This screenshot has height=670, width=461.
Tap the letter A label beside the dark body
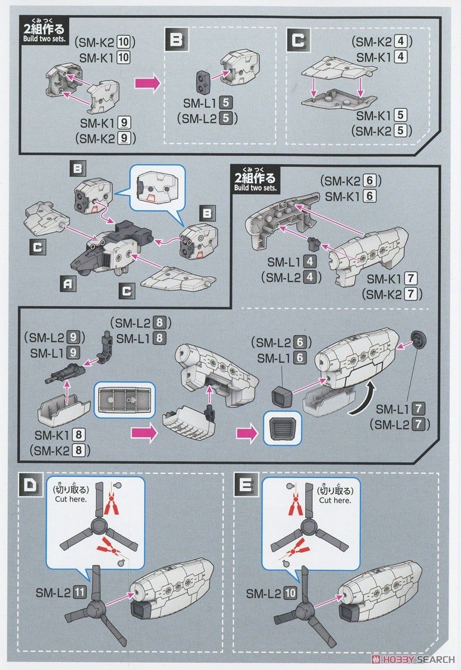(68, 284)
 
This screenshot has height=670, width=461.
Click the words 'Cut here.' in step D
(71, 500)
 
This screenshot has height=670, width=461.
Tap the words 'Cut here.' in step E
(335, 500)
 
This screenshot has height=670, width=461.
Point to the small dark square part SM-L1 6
(281, 397)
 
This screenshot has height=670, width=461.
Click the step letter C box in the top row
(298, 40)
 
